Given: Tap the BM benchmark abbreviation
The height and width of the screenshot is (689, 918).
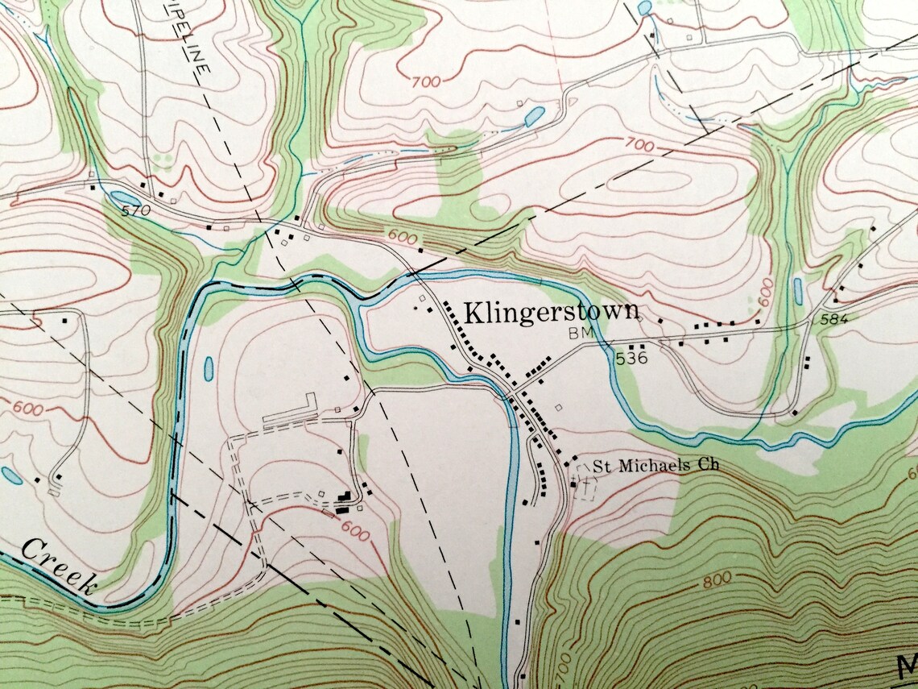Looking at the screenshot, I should tap(579, 332).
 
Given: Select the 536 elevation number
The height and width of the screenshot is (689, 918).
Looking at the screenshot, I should tap(632, 359).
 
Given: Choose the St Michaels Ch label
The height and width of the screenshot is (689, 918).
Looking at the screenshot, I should tap(655, 465).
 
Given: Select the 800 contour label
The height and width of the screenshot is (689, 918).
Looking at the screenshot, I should tap(716, 577).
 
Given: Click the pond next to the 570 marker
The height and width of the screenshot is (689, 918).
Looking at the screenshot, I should tap(125, 197).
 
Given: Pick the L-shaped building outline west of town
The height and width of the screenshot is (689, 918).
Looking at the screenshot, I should tap(292, 409).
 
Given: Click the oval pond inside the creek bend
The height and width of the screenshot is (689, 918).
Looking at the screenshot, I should tap(208, 369).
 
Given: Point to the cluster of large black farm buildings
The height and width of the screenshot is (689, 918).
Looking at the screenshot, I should tap(345, 501).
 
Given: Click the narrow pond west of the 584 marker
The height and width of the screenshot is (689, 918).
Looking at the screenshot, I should tap(796, 292).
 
